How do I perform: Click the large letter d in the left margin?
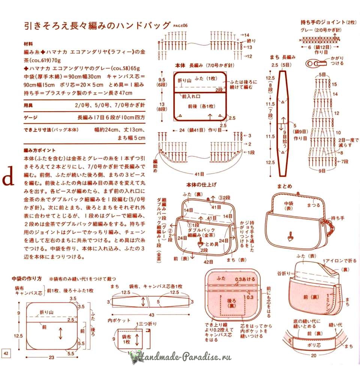tap(8, 179)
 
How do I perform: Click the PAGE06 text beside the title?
tap(180, 26)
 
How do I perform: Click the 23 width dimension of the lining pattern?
tap(51, 357)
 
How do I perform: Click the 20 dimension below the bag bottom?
tap(313, 356)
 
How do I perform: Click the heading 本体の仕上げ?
tap(201, 185)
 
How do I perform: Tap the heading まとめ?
tap(284, 186)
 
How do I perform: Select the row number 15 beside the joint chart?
tap(334, 84)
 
